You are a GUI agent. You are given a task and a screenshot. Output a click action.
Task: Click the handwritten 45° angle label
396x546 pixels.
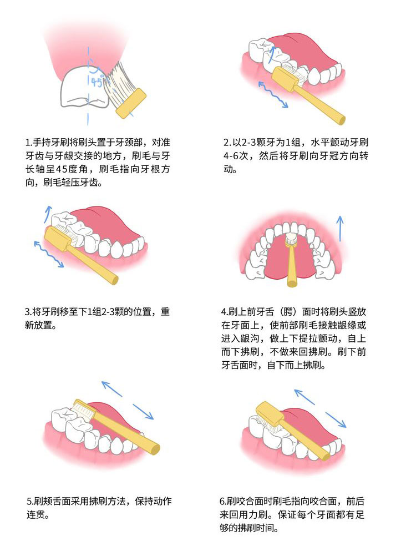97,82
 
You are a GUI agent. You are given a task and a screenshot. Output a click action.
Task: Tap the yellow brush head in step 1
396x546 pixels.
131,103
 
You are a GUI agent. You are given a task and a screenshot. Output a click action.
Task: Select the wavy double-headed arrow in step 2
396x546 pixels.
273,95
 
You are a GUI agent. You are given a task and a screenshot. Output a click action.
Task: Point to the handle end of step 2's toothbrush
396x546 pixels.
342,120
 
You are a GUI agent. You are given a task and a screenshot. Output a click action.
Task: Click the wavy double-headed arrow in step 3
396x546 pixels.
49,254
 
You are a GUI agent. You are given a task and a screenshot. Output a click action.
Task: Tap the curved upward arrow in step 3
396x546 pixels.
47,214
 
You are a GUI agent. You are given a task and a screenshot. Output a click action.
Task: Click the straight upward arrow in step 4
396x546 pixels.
340,229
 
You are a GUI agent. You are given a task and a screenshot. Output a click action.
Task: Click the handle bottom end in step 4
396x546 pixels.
292,283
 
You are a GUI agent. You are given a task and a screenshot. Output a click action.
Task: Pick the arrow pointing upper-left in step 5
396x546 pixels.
111,388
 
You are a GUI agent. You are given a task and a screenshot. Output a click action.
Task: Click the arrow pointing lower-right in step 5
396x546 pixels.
143,412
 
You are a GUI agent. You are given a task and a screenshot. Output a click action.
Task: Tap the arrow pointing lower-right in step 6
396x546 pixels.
336,420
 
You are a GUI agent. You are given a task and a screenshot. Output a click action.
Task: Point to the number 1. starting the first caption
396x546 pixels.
29,143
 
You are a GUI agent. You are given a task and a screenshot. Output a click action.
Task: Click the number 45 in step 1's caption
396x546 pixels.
62,169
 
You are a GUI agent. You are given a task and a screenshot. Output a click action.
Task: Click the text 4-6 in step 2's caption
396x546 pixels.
231,156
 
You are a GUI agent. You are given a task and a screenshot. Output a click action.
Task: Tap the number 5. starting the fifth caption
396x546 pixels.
31,502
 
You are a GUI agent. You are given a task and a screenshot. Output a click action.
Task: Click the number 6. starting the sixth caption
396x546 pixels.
223,502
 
